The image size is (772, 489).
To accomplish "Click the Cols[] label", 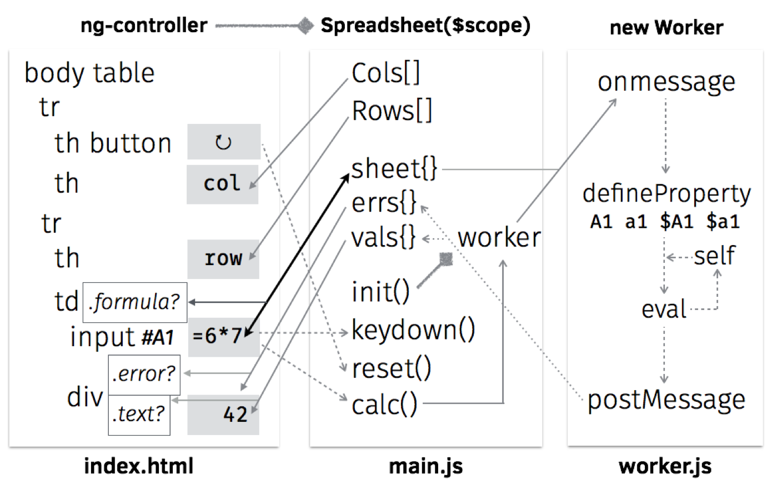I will pyautogui.click(x=386, y=73).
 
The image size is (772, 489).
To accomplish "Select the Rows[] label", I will pyautogui.click(x=392, y=111).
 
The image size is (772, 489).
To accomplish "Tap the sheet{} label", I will pyautogui.click(x=394, y=168).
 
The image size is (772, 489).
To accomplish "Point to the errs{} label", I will pyautogui.click(x=384, y=203).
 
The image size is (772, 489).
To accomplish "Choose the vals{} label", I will pyautogui.click(x=384, y=238).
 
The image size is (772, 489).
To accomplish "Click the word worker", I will pyautogui.click(x=499, y=238).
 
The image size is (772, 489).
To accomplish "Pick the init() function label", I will pyautogui.click(x=381, y=291).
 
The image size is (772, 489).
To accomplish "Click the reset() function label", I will pyautogui.click(x=391, y=368).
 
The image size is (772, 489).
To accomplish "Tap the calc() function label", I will pyautogui.click(x=384, y=405).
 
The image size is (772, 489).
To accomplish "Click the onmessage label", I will pyautogui.click(x=666, y=82).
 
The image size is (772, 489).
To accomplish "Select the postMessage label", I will pyautogui.click(x=666, y=400).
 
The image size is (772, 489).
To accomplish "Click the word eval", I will pyautogui.click(x=664, y=309).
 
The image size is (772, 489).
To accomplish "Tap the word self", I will pyautogui.click(x=714, y=256).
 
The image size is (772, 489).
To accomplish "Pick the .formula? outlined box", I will pyautogui.click(x=135, y=302).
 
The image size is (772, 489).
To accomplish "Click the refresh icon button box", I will pyautogui.click(x=224, y=142).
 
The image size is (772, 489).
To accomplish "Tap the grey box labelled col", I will pyautogui.click(x=223, y=184).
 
